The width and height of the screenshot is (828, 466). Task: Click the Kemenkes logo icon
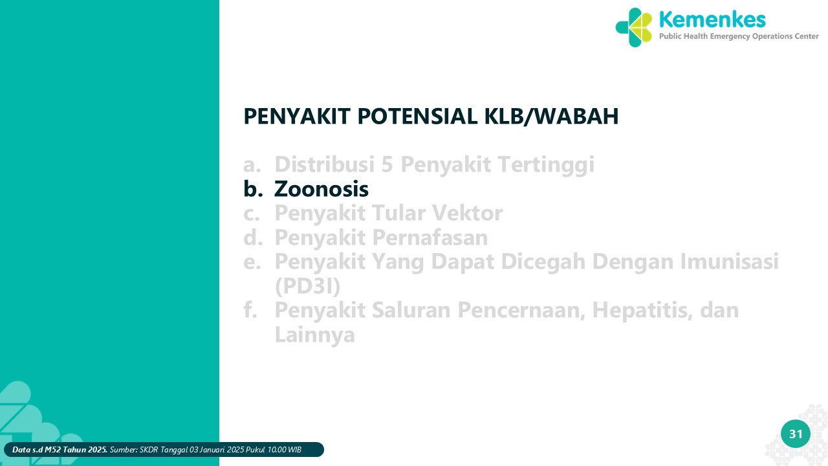point(633,27)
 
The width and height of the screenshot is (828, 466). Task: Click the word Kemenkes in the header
point(712,19)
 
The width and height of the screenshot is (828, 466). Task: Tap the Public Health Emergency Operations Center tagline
point(739,36)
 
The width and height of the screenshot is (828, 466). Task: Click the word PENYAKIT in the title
point(297,116)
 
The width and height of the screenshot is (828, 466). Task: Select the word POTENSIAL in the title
point(417,116)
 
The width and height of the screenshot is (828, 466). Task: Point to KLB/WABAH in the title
point(551,116)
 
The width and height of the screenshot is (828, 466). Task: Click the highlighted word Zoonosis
point(321,188)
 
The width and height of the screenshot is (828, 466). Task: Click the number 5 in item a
point(387,164)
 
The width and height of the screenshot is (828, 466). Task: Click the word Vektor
point(467,213)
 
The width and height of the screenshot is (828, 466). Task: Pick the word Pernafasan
point(430,238)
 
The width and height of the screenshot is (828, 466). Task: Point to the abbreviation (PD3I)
point(307,286)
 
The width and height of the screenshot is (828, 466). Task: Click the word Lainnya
point(314,335)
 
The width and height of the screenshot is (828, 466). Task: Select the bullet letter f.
point(250,309)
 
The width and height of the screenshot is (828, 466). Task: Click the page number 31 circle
point(796,434)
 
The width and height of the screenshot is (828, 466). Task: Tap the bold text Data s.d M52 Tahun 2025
point(60,450)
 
